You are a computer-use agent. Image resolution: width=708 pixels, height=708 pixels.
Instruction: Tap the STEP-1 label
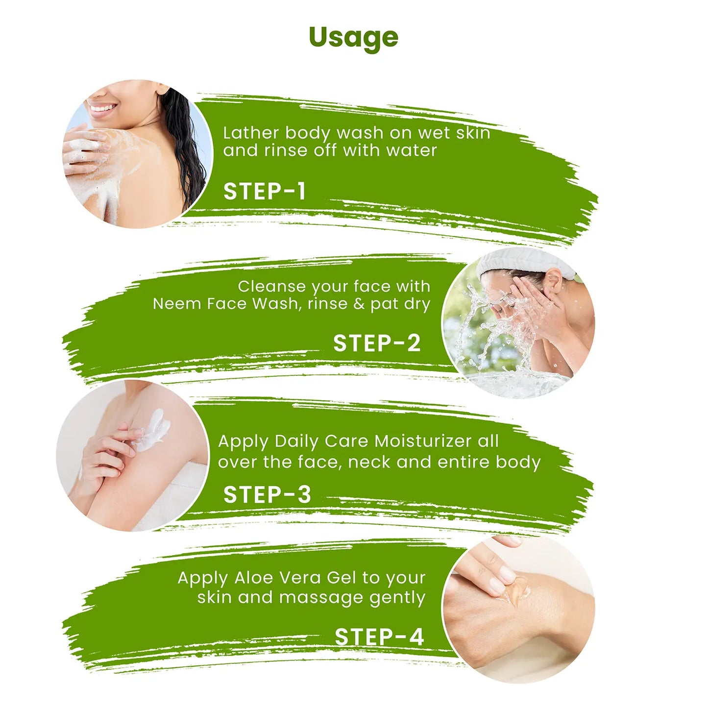[x=265, y=192]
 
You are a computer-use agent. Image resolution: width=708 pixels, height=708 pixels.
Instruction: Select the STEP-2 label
[x=377, y=343]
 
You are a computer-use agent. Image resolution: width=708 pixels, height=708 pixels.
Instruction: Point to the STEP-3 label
[x=267, y=494]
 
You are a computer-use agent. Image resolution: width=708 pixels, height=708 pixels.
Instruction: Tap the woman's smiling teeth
[x=102, y=108]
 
